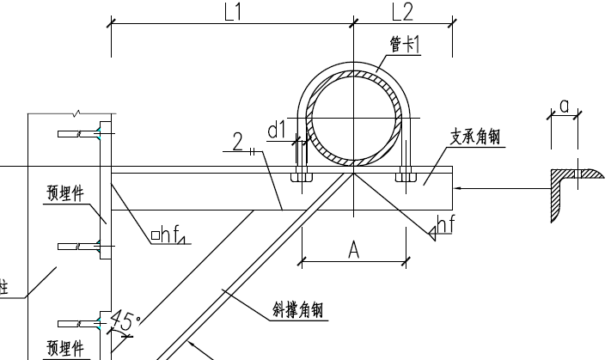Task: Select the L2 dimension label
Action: [401, 12]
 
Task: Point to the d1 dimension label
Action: [277, 130]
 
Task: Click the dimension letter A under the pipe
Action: [353, 249]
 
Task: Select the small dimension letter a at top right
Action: [564, 105]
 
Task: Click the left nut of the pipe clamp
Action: [301, 178]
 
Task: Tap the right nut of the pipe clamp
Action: [405, 178]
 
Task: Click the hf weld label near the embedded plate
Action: [169, 235]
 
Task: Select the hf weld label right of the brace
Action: [443, 225]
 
